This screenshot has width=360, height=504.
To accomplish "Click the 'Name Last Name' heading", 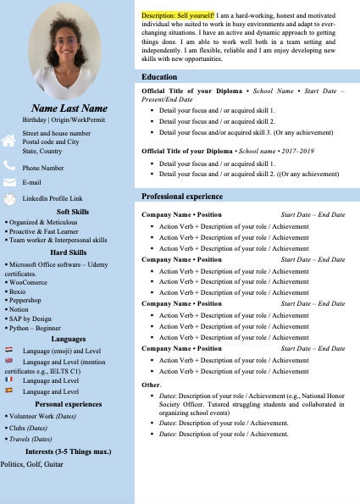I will pos(69,108).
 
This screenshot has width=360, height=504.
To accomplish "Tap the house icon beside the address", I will pos(8,141).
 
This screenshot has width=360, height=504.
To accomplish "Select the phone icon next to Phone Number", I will pos(8,167).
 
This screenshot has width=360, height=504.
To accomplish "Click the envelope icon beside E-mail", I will pos(8,182).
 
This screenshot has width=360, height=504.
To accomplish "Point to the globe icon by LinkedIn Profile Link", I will pos(8,198).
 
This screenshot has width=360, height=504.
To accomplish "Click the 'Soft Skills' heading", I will pos(72,212).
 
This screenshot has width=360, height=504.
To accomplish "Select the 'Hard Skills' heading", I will pos(68,252).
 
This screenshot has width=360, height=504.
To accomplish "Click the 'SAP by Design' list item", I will pos(30,318).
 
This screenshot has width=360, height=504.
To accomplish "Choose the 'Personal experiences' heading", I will pos(69,404).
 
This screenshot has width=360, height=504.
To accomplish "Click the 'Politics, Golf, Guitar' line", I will pos(32,464).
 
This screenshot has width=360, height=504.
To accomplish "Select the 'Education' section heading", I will pos(159,77).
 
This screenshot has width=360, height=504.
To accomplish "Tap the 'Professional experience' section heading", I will pos(181,197).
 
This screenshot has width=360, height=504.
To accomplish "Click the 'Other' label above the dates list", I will pos(150,385).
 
